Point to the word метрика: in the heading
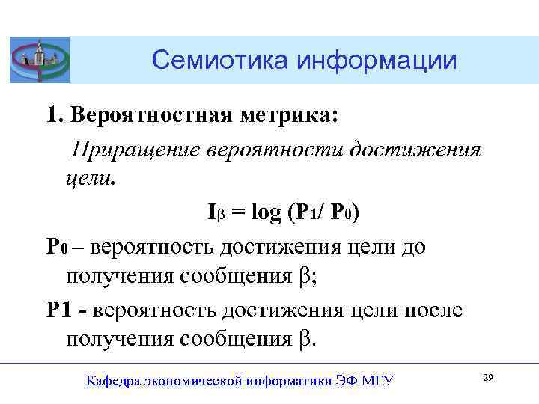click(290, 116)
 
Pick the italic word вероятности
click(276, 149)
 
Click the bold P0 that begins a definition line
click(57, 247)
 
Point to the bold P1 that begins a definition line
click(59, 310)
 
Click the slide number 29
click(487, 378)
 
